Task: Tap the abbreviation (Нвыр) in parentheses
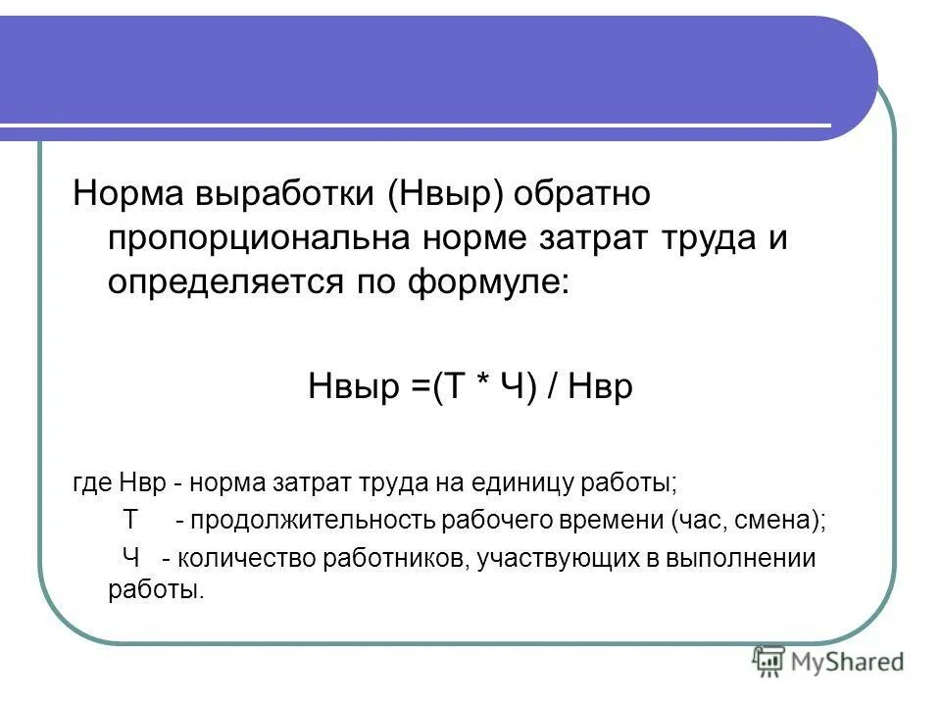coord(447,194)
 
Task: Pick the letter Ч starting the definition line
coord(131,558)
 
